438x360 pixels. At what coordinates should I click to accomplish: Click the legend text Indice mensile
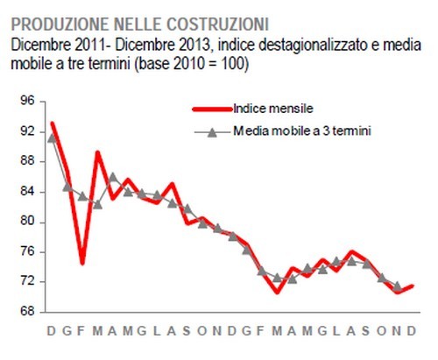coord(274,109)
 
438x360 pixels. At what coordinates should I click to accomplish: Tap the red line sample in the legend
coord(211,109)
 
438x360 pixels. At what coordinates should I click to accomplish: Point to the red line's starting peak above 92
coord(53,124)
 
